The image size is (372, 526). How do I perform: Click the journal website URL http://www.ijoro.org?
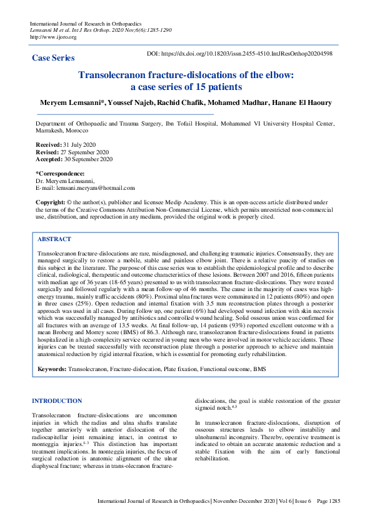tap(53, 37)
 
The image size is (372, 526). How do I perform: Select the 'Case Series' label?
tap(53, 58)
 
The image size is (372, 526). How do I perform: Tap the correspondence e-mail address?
tap(94, 187)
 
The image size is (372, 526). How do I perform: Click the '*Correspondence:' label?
tap(60, 173)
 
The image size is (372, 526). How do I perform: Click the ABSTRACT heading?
tap(54, 239)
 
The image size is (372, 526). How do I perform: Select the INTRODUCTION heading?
tap(57, 400)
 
